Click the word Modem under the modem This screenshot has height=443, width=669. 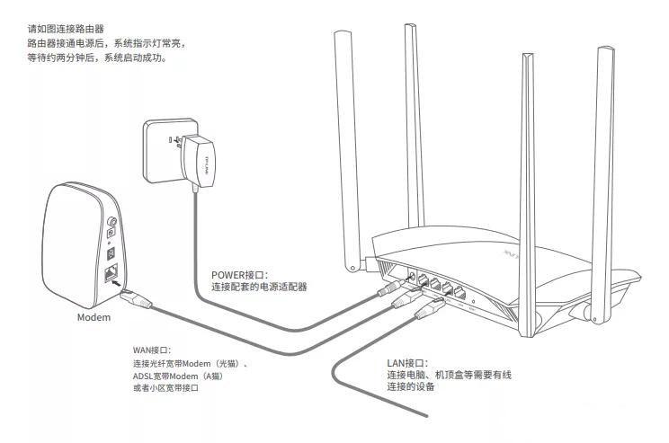coord(93,318)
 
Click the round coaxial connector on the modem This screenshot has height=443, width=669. coord(111,217)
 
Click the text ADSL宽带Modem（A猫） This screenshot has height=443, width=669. coord(177,376)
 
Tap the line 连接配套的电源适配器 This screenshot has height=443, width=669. coord(259,288)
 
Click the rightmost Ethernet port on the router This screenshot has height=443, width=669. coord(459,294)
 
